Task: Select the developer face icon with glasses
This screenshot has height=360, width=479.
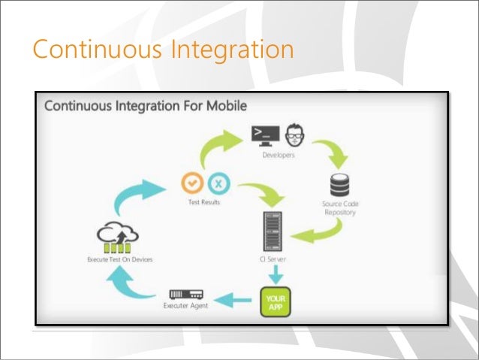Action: pyautogui.click(x=296, y=135)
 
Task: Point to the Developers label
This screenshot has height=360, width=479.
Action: pyautogui.click(x=278, y=155)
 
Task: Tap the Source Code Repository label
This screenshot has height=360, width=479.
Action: pyautogui.click(x=340, y=208)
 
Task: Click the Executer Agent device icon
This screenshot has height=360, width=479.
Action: pyautogui.click(x=187, y=295)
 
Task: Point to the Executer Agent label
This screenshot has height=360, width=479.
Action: pyautogui.click(x=185, y=306)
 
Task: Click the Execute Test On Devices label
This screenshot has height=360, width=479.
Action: pyautogui.click(x=120, y=259)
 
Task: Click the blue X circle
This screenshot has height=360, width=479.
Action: pyautogui.click(x=217, y=182)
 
